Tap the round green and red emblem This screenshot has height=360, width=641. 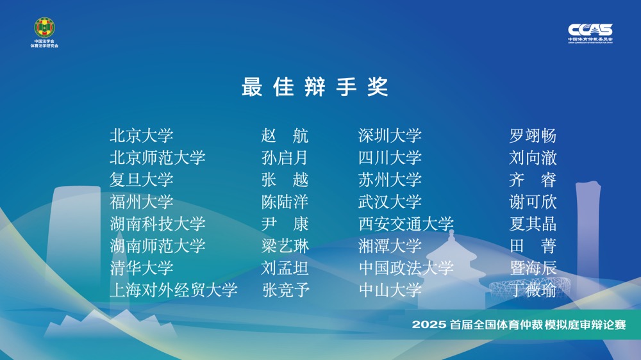click(45, 28)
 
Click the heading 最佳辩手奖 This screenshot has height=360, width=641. click(314, 86)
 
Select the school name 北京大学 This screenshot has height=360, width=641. click(142, 136)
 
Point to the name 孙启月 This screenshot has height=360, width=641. click(285, 158)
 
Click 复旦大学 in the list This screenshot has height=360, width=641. click(142, 180)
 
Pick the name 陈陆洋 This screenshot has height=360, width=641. click(285, 202)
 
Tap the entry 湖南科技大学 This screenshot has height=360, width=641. click(158, 224)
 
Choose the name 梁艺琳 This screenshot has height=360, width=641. click(285, 246)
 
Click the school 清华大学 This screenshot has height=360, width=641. click(142, 268)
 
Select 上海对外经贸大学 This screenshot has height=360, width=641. click(173, 290)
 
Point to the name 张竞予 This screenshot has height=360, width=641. click(286, 290)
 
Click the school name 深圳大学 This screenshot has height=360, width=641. click(390, 136)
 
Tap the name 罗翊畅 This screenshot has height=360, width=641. click(533, 136)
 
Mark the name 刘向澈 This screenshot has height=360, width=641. click(533, 158)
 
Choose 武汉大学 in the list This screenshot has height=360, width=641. click(390, 202)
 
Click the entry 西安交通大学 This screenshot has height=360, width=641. click(406, 224)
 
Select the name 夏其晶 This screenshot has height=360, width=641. click(533, 224)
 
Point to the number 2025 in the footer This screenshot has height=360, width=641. click(428, 325)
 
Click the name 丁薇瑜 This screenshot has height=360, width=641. click(533, 290)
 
